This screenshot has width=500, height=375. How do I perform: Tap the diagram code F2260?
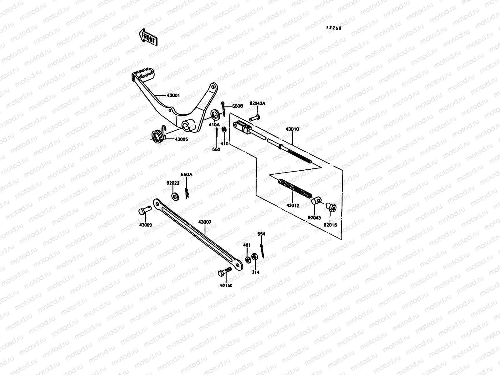pos(334,28)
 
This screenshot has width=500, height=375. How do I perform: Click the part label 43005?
pos(181,139)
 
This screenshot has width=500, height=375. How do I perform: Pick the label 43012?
pos(292,206)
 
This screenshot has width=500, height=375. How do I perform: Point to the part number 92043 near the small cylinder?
pos(314,218)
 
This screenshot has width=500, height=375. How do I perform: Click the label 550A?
pos(186,175)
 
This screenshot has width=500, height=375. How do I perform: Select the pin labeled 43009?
pos(143,212)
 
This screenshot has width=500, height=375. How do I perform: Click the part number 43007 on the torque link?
pos(205,222)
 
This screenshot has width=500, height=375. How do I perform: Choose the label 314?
pos(256,272)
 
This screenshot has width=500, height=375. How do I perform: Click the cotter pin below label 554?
pos(262,251)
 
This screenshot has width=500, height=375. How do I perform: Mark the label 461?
pos(247,245)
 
